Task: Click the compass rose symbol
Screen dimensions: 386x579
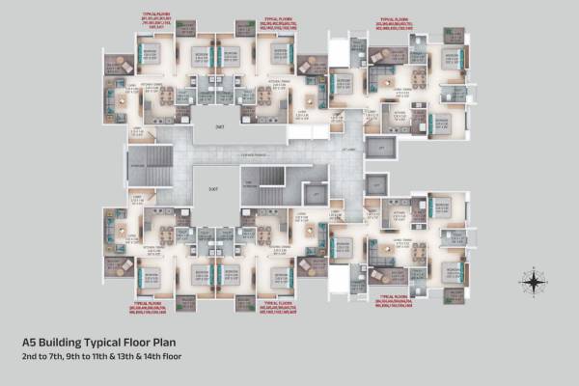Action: pyautogui.click(x=533, y=282)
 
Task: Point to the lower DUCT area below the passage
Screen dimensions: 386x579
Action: pyautogui.click(x=214, y=189)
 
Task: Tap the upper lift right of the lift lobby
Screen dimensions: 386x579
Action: pyautogui.click(x=381, y=147)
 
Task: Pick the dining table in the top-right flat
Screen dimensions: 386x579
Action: pyautogui.click(x=418, y=78)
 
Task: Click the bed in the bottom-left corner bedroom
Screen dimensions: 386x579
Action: pyautogui.click(x=152, y=275)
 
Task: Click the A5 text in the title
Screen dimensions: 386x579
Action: pyautogui.click(x=30, y=342)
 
